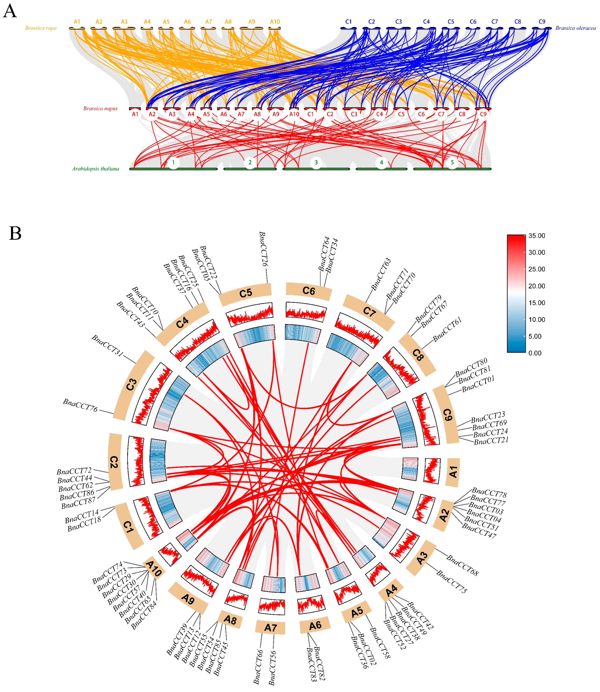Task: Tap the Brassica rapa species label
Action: [40, 28]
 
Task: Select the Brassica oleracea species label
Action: [575, 28]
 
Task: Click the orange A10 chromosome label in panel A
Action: [274, 22]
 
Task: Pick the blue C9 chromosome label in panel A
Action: [542, 22]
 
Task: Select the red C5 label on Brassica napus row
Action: [401, 114]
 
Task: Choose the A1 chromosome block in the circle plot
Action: [453, 472]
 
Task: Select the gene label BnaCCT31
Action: [108, 346]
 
